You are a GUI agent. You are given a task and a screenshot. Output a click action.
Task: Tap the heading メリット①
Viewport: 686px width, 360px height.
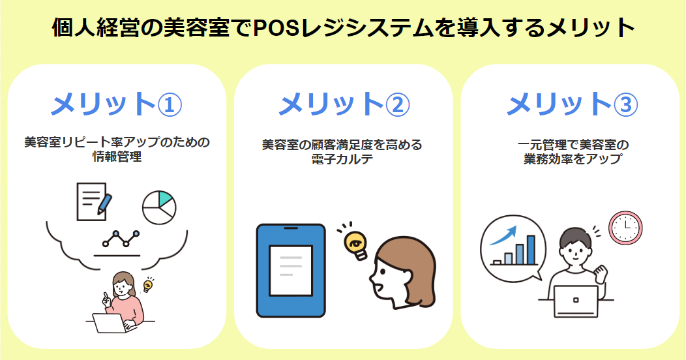116,103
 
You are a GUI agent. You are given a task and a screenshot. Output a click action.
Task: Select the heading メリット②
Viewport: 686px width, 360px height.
344,103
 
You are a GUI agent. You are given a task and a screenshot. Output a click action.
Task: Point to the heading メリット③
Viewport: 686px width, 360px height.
571,103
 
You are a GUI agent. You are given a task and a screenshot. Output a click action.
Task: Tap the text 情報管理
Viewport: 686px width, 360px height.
116,157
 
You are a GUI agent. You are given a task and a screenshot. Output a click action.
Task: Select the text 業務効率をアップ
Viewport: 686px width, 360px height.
571,158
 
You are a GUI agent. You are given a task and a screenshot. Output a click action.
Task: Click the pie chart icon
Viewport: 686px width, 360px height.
159,207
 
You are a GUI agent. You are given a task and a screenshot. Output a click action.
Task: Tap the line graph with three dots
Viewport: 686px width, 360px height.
121,239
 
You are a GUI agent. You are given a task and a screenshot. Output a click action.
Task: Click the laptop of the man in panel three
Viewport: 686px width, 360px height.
575,301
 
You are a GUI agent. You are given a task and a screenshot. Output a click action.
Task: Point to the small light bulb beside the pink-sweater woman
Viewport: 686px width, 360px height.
148,285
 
